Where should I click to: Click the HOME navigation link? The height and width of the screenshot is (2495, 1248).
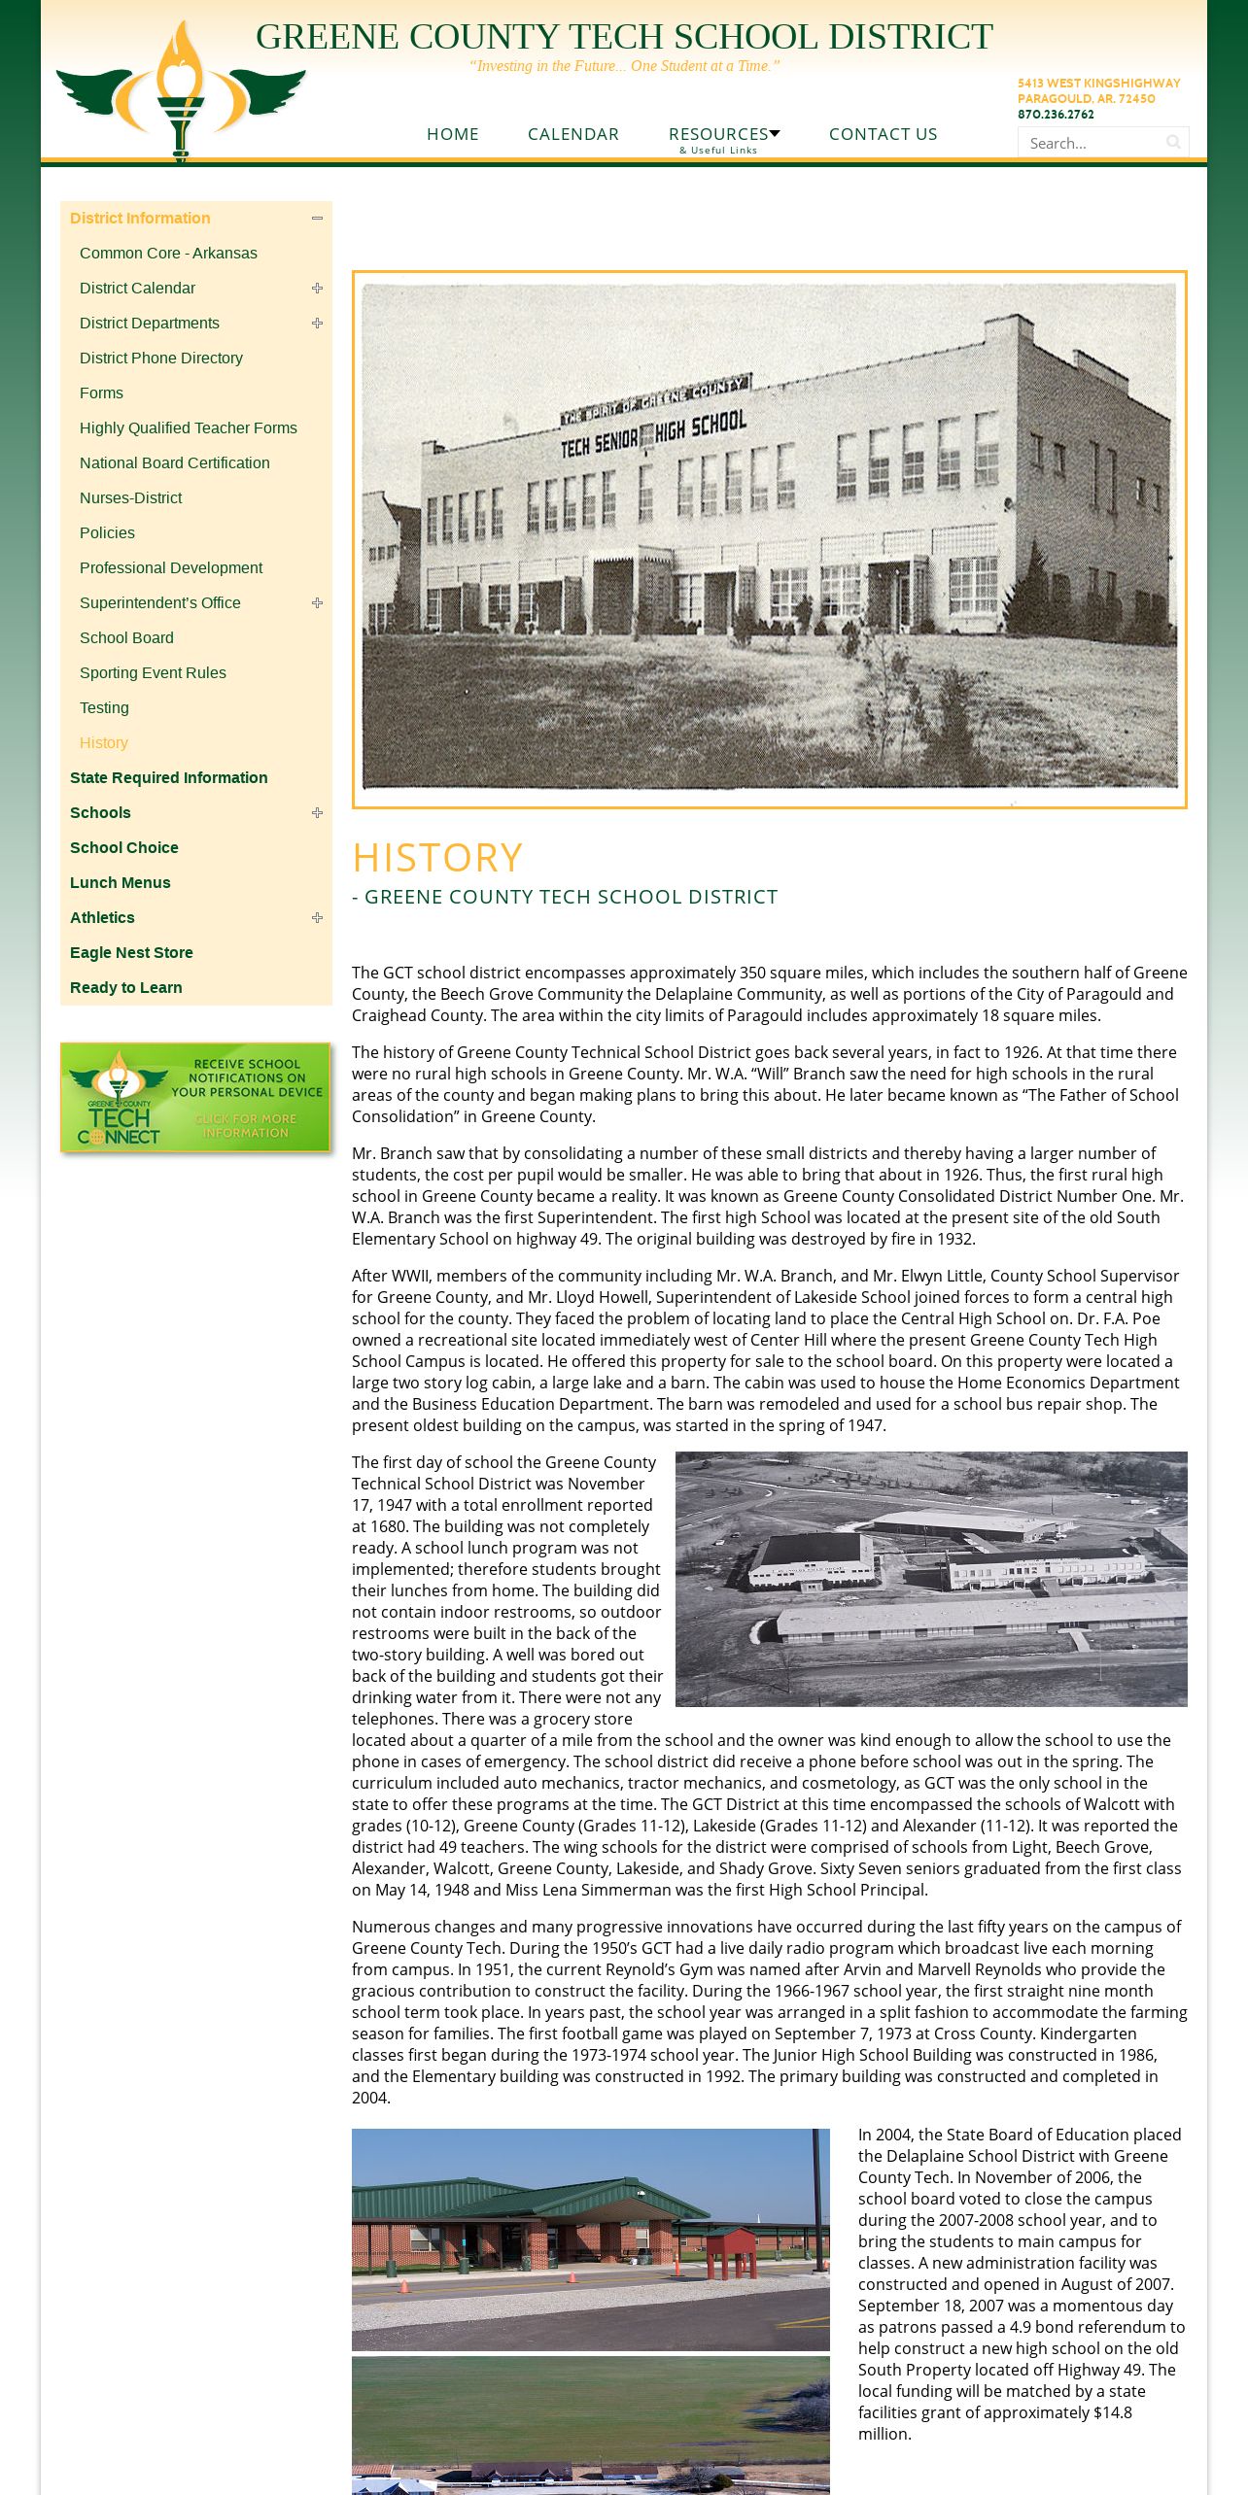point(453,134)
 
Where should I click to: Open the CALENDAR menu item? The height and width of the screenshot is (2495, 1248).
point(573,134)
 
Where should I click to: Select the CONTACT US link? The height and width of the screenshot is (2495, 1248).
point(883,134)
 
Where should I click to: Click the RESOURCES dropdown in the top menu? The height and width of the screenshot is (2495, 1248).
point(724,134)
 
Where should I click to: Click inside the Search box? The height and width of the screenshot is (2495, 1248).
point(1092,143)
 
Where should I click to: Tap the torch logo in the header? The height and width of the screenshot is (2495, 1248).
point(181,89)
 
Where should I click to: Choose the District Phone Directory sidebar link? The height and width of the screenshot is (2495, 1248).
point(161,358)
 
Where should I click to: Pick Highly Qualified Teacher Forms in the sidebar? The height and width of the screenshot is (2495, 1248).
point(189,427)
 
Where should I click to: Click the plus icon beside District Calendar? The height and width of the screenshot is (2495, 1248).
point(317,289)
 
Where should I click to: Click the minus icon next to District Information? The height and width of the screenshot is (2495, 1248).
point(317,219)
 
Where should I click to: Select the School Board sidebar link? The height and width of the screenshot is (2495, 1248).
point(126,637)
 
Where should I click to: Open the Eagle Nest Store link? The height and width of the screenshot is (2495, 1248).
point(131,952)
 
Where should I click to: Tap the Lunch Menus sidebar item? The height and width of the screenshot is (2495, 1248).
point(121,882)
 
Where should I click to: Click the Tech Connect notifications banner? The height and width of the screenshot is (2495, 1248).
point(195,1098)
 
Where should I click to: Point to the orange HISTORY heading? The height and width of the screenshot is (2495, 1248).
point(437,857)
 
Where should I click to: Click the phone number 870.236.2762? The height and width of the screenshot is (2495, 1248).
point(1056,115)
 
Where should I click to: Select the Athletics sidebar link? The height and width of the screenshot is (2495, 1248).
point(102,917)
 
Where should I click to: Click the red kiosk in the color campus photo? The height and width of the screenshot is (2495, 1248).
point(731,2251)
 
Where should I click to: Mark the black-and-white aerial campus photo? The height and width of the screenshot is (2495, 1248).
point(931,1579)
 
